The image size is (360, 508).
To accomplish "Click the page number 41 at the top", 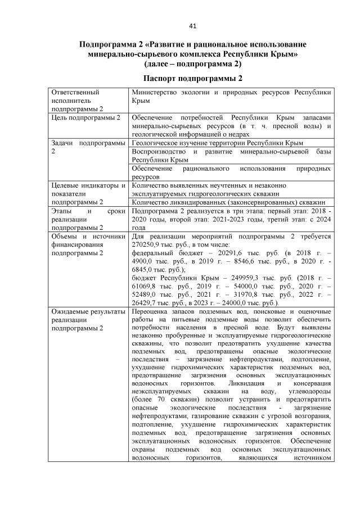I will coord(192,25).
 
